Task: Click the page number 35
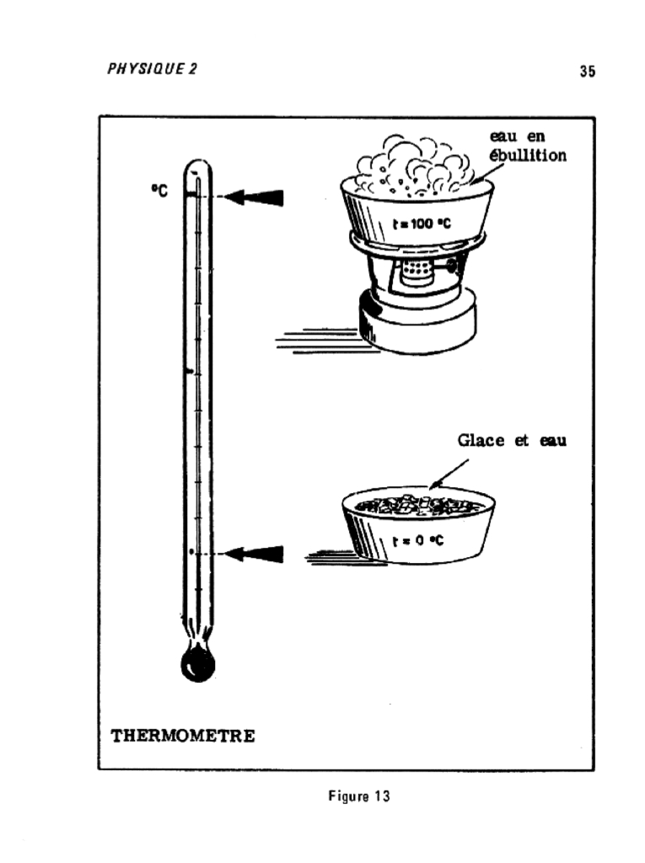coord(587,72)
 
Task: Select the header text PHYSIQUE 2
coord(152,69)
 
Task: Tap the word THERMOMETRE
coord(183,736)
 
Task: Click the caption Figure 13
coord(359,796)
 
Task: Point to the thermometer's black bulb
coord(198,663)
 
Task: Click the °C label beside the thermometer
coord(159,191)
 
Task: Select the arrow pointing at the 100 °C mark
coord(255,197)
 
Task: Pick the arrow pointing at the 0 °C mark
coord(255,554)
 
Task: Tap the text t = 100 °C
coord(422,223)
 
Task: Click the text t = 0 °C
coord(418,541)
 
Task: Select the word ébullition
coord(528,155)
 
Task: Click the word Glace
coord(481,440)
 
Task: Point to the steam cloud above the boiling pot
coord(413,165)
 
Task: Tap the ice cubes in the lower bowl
coord(417,506)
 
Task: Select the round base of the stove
coord(417,322)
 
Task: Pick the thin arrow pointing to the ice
coord(449,474)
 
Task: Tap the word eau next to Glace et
coord(553,441)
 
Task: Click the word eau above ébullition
coord(503,136)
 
